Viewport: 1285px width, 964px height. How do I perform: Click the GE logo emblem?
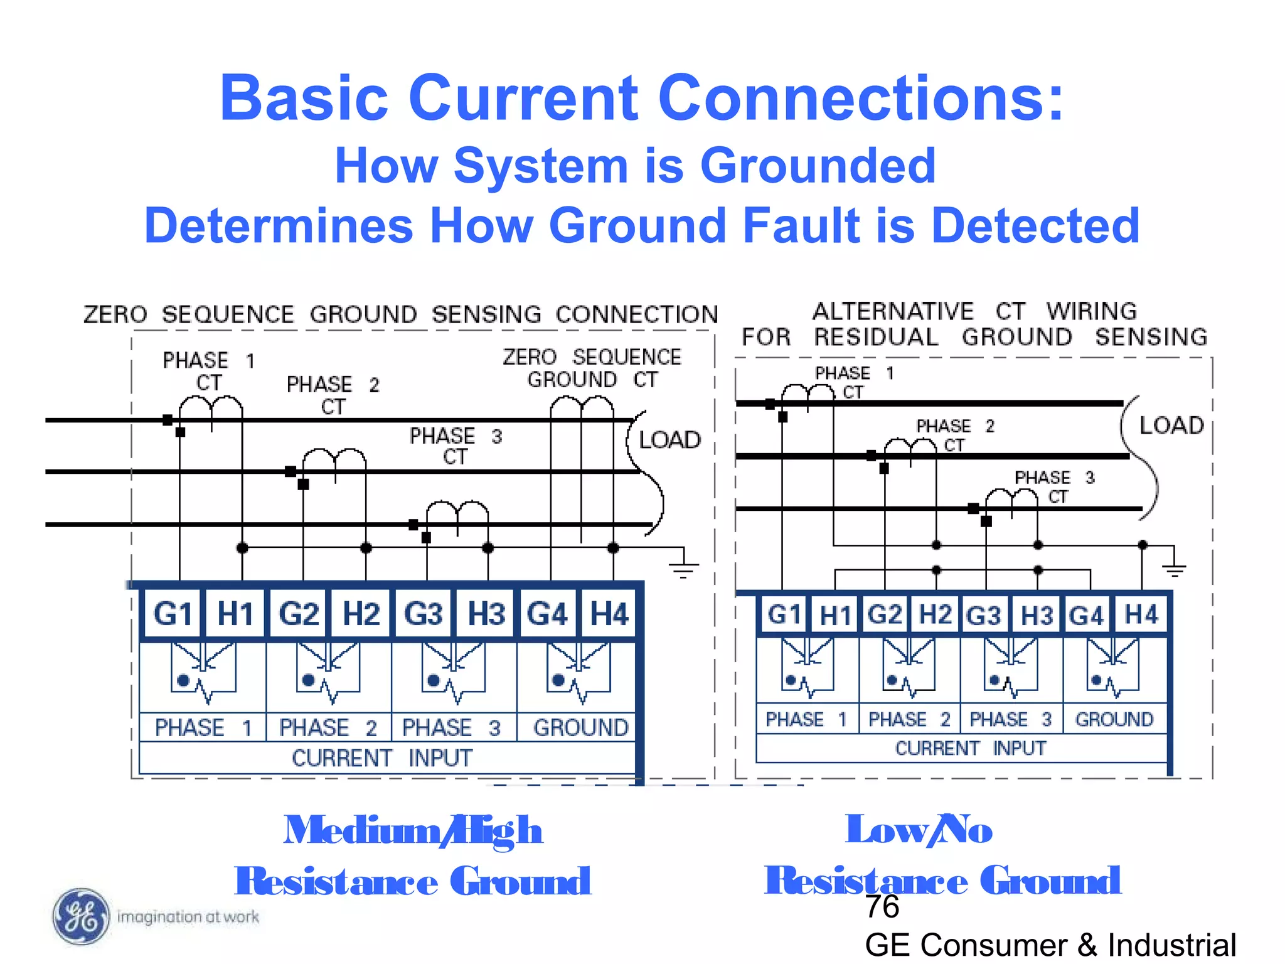point(80,917)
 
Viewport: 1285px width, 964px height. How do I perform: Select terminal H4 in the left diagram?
point(609,613)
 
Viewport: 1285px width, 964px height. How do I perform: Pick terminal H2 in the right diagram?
point(935,614)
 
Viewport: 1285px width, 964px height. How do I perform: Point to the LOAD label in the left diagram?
point(669,440)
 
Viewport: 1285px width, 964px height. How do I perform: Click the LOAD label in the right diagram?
point(1171,426)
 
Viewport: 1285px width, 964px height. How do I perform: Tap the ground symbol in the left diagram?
point(683,568)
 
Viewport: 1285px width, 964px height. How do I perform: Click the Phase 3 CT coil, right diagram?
point(1011,500)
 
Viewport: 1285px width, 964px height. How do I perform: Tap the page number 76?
point(882,907)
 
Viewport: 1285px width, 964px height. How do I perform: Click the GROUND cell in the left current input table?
point(580,727)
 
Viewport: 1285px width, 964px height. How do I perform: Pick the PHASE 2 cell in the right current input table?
point(909,719)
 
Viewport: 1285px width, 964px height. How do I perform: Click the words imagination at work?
point(188,917)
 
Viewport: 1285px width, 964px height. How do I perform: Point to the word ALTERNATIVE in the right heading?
point(892,311)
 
